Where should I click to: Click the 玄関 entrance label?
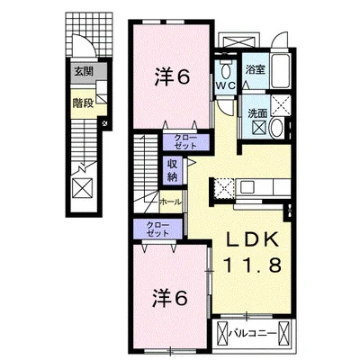click(x=84, y=71)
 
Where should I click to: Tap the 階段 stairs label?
click(x=83, y=103)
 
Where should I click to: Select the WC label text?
click(x=226, y=85)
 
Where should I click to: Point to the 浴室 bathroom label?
click(x=255, y=70)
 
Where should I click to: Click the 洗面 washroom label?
click(x=257, y=113)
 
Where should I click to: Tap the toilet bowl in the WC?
click(x=226, y=72)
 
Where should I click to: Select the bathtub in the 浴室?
click(x=280, y=70)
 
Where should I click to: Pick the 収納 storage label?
click(x=173, y=170)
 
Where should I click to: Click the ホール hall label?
click(x=170, y=202)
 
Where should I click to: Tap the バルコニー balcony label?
click(x=253, y=334)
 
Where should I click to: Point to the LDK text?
click(x=253, y=240)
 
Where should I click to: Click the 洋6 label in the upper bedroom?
click(x=172, y=77)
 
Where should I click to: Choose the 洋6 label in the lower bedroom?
click(x=170, y=299)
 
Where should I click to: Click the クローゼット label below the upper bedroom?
click(x=185, y=142)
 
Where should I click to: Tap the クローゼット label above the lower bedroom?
click(x=157, y=229)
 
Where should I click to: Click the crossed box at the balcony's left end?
click(x=221, y=333)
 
